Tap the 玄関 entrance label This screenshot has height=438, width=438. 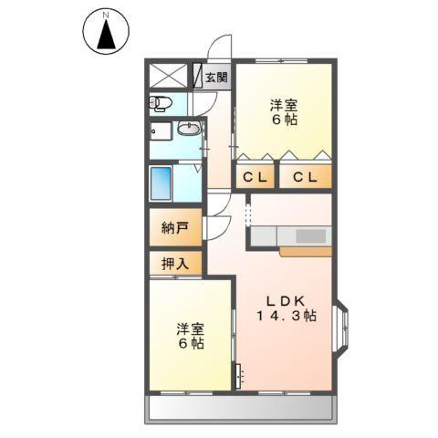click(x=216, y=77)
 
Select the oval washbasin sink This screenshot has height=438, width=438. click(x=189, y=128)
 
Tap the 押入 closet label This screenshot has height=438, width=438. click(x=176, y=264)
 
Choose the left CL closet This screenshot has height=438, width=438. click(x=255, y=176)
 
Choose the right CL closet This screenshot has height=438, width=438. click(x=305, y=176)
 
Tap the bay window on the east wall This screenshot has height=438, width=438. click(x=342, y=327)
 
